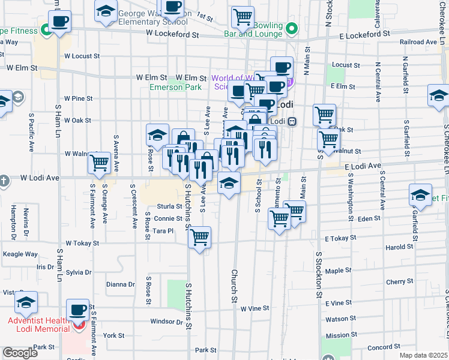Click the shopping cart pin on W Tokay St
point(199,237)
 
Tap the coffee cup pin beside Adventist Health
point(77,310)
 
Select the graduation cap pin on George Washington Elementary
point(106,11)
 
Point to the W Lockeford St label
point(172,35)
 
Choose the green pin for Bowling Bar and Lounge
point(292,28)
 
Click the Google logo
point(20,353)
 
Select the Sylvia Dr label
point(79,272)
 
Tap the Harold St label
point(399,247)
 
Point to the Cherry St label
point(400,281)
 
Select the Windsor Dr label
point(166,322)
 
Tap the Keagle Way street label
point(20,254)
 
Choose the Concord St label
point(379,347)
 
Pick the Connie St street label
point(168,219)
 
